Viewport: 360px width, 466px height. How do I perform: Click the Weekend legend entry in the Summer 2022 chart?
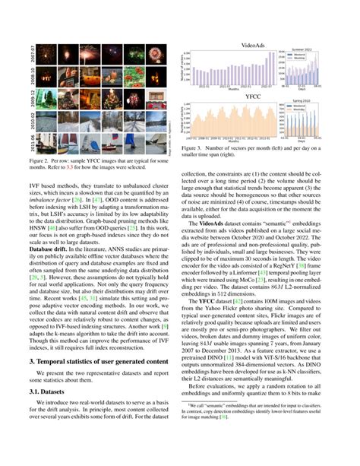pyautogui.click(x=314, y=55)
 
